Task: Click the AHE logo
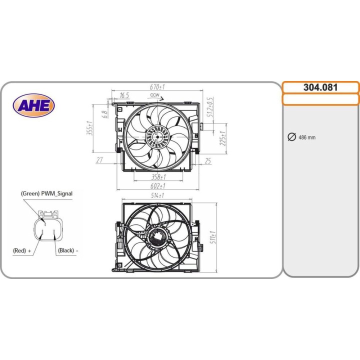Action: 34,105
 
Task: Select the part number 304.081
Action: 320,87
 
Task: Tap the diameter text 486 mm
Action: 307,137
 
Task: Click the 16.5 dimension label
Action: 124,95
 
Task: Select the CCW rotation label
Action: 154,95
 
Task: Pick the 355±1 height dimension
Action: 90,128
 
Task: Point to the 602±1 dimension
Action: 158,186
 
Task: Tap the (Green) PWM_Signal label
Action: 46,193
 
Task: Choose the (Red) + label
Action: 22,249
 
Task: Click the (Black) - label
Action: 68,249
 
